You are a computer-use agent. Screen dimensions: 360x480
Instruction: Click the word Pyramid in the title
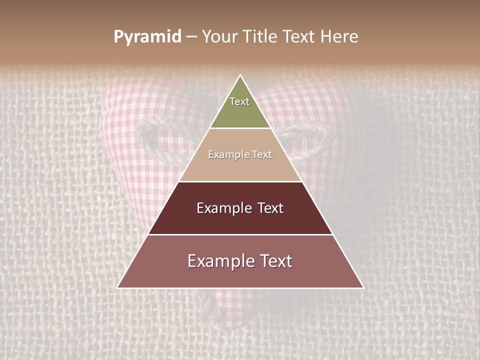click(x=147, y=37)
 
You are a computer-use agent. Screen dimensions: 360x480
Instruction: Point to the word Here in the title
click(x=339, y=37)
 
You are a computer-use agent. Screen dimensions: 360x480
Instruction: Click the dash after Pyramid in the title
click(x=191, y=37)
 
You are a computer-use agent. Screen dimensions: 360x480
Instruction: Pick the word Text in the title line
click(x=300, y=37)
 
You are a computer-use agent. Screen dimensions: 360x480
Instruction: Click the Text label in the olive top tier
click(x=239, y=101)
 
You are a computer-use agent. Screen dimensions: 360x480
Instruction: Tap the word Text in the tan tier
click(x=261, y=154)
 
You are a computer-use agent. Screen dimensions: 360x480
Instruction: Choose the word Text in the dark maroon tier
click(x=270, y=208)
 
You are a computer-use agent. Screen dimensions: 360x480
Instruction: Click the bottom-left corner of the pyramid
click(x=118, y=287)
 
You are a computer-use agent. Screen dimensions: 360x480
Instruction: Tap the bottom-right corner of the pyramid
click(x=363, y=287)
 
